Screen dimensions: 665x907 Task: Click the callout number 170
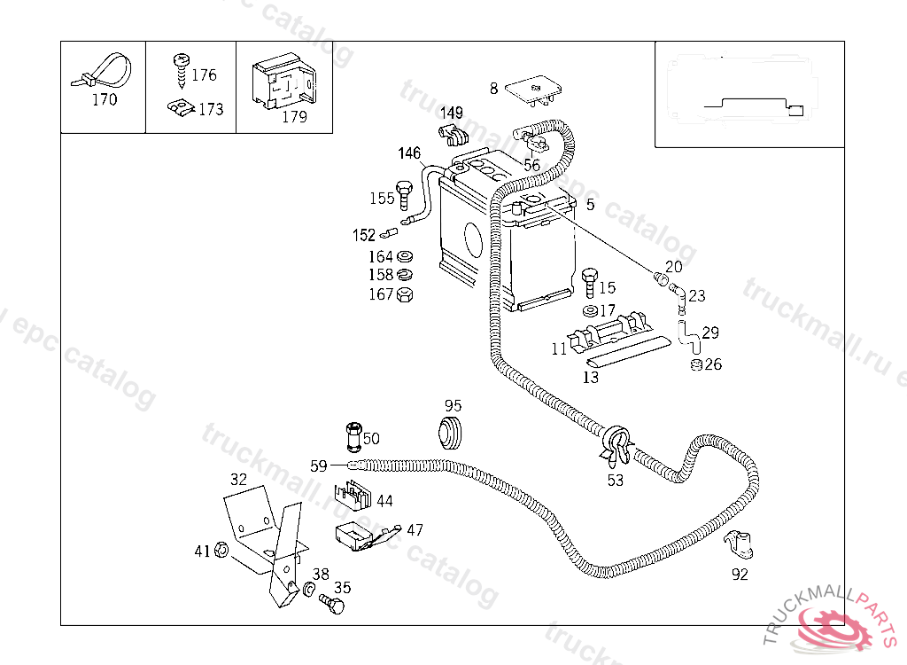click(x=105, y=100)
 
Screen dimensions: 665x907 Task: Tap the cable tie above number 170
click(x=100, y=71)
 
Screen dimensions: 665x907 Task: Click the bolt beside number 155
click(x=405, y=194)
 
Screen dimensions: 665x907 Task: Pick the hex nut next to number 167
click(x=406, y=294)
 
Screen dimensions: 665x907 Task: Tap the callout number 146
click(x=409, y=153)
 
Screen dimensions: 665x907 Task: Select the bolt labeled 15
click(x=590, y=281)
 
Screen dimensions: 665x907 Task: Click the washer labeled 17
click(x=589, y=311)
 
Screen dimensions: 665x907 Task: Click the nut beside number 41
click(x=222, y=552)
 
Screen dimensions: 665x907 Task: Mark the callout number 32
click(x=239, y=479)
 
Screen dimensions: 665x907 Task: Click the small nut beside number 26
click(x=695, y=364)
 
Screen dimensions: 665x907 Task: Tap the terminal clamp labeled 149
click(x=453, y=136)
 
